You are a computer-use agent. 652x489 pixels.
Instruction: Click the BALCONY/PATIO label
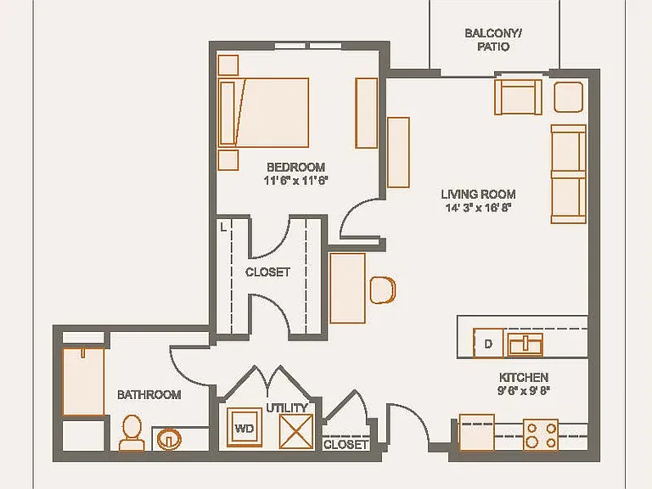coord(493,40)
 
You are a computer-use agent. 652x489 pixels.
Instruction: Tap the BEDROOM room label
coord(295,167)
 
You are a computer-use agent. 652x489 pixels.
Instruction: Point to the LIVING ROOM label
coord(478,194)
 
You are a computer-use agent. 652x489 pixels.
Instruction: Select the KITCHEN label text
coord(524,377)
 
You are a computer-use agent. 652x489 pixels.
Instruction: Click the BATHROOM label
coord(149,395)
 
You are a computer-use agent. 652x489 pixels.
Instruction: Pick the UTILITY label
coord(287,407)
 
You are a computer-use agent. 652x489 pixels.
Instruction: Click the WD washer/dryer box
coord(244,428)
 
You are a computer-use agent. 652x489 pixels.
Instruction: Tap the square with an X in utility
coord(296,431)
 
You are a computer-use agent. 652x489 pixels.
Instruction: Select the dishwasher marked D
coord(488,343)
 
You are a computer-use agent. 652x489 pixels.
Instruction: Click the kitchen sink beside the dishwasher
coord(526,345)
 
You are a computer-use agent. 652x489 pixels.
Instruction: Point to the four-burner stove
coord(541,435)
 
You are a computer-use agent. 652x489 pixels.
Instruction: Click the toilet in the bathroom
coord(132,433)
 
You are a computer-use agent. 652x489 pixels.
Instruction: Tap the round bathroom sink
coord(169,439)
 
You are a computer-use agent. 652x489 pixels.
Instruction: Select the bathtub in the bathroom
coord(83,382)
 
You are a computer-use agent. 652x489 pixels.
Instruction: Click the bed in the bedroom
coord(263,112)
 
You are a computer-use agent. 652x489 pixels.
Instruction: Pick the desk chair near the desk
coord(383,289)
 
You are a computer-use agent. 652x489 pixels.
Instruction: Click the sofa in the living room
coord(569,174)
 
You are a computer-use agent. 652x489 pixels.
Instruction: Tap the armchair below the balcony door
coord(518,97)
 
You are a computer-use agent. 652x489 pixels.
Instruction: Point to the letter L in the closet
coord(224,227)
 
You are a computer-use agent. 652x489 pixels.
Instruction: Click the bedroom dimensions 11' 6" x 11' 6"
coord(295,181)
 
